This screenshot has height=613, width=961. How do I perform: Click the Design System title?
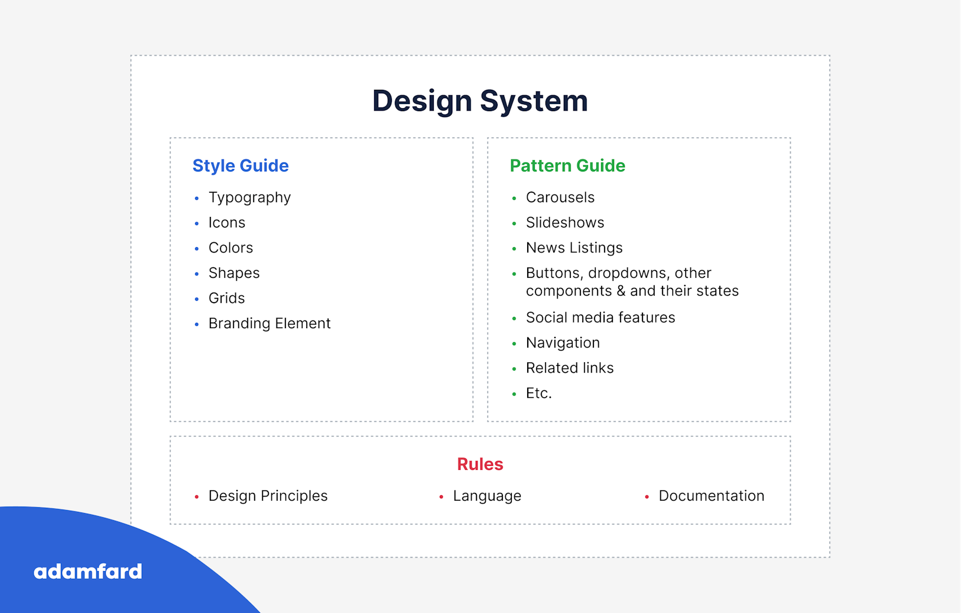[480, 101]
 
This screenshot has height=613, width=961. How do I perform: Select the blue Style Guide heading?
[241, 166]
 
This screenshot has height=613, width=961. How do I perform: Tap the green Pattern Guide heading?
[567, 166]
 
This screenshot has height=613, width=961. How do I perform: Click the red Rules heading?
[480, 464]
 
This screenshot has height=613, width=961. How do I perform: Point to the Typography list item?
[249, 198]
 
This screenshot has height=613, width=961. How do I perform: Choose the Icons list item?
[227, 223]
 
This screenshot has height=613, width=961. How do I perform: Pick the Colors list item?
[231, 248]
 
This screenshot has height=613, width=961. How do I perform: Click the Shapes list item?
[234, 273]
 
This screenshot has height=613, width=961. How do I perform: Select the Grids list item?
[227, 298]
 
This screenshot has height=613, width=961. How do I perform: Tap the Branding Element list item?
[270, 323]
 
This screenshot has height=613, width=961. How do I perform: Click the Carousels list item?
[560, 197]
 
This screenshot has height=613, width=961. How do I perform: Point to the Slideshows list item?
[565, 223]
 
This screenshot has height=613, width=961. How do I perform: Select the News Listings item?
[574, 248]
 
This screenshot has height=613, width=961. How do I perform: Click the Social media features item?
[600, 317]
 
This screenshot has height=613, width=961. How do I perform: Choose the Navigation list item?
[563, 343]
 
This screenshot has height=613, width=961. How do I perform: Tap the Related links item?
[570, 368]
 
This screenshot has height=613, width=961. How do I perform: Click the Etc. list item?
[539, 393]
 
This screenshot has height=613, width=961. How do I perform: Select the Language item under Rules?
[488, 497]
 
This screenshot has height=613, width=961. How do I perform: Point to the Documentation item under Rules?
[712, 496]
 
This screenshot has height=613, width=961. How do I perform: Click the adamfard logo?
[88, 572]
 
